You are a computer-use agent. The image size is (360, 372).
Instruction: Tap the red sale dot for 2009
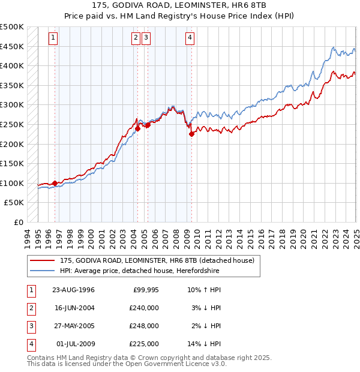[x=191, y=134]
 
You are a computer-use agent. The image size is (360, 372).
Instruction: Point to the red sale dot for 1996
[x=55, y=183]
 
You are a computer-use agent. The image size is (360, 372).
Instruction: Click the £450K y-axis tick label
[x=12, y=46]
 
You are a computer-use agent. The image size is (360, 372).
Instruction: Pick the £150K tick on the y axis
[x=12, y=163]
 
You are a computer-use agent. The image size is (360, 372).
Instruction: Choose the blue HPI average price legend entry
[x=140, y=271]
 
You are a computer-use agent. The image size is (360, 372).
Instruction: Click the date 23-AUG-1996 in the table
[x=74, y=290]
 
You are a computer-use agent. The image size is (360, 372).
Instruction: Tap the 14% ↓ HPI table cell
[x=205, y=344]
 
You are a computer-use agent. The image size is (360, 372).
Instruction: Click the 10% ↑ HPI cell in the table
[x=205, y=290]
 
